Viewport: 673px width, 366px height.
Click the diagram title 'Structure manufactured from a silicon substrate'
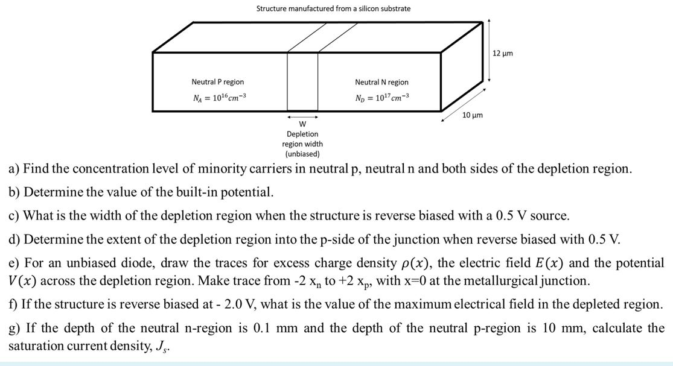point(333,8)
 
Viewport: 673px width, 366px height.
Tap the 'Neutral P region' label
point(218,82)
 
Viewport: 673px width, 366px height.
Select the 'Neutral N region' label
point(381,82)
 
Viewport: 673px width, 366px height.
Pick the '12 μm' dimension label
point(503,54)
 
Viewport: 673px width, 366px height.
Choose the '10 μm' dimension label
point(471,115)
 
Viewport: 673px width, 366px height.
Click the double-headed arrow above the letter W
point(302,117)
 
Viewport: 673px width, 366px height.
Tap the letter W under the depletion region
point(302,125)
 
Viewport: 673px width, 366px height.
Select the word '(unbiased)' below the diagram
point(302,154)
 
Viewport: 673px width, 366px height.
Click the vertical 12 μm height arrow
point(489,51)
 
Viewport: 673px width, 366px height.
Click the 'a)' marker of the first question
point(14,169)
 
